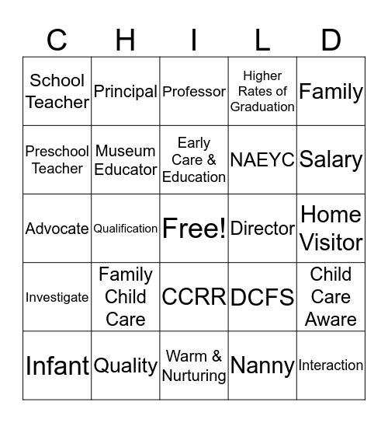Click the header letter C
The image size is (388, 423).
(x=57, y=39)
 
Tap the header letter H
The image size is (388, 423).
(x=126, y=39)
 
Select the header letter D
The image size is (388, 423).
(x=331, y=39)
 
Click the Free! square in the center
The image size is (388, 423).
(x=194, y=229)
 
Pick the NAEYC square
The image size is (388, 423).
(x=262, y=160)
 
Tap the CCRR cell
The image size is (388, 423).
(x=194, y=297)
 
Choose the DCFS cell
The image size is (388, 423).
(x=262, y=297)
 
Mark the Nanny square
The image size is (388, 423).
(x=262, y=365)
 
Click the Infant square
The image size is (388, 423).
(x=57, y=365)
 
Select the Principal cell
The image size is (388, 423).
(x=126, y=92)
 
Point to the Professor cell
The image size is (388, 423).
(x=194, y=92)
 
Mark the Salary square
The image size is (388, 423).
(x=331, y=160)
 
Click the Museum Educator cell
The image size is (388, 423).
(x=126, y=160)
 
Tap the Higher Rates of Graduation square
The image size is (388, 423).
(x=262, y=92)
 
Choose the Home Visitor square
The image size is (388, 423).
(x=331, y=229)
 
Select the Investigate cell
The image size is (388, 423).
(x=57, y=297)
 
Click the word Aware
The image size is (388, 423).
(x=331, y=319)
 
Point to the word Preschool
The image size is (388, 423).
(x=57, y=152)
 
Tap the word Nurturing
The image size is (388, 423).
(x=194, y=376)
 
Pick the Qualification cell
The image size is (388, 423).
(x=126, y=229)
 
